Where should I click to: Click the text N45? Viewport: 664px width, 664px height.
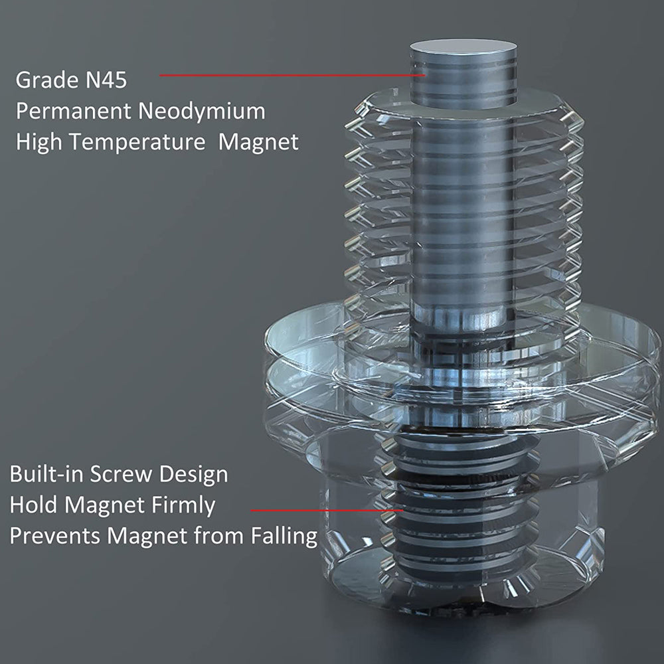106,80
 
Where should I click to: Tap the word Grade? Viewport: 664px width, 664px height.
47,80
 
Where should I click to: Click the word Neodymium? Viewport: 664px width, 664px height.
202,112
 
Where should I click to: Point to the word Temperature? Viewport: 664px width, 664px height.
137,142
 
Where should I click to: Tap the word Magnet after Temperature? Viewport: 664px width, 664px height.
258,142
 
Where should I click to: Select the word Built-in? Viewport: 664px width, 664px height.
46,474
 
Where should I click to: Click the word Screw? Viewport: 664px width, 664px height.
121,474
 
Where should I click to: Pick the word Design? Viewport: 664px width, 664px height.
193,475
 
